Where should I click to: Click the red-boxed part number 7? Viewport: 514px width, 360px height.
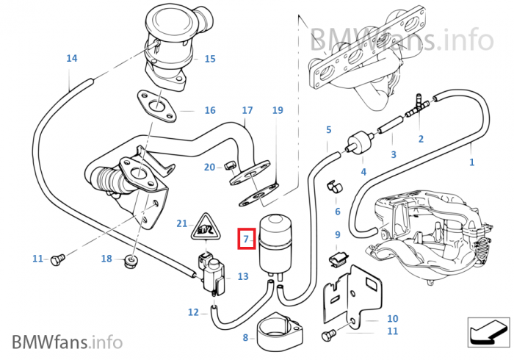click(x=247, y=239)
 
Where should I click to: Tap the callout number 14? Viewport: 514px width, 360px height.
click(x=71, y=58)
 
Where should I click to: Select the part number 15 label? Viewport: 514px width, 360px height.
click(x=210, y=59)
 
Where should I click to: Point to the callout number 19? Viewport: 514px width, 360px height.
click(x=277, y=110)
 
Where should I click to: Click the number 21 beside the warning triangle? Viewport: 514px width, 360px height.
click(x=182, y=223)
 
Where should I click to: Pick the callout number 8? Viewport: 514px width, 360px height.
click(x=245, y=338)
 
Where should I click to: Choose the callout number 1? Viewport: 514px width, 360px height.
click(x=471, y=162)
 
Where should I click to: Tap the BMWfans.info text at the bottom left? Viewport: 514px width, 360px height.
click(x=67, y=342)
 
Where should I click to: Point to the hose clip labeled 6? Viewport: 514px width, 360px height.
click(x=333, y=185)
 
